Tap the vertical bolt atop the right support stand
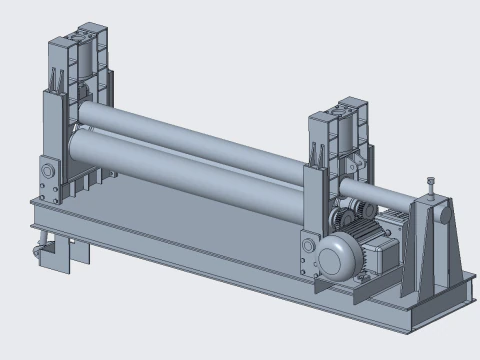430,186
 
